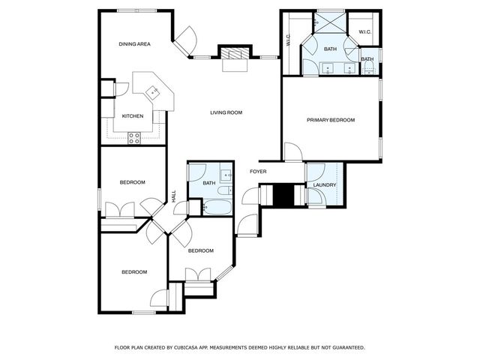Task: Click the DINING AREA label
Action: click(x=134, y=44)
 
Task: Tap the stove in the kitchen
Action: click(x=135, y=136)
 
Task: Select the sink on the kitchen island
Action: click(x=153, y=93)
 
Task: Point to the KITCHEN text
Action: click(x=133, y=115)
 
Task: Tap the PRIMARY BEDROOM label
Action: click(x=330, y=120)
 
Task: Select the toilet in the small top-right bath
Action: click(x=367, y=68)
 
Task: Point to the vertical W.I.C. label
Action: click(x=289, y=42)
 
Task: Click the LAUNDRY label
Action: click(x=325, y=185)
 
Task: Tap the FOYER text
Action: click(x=259, y=172)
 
